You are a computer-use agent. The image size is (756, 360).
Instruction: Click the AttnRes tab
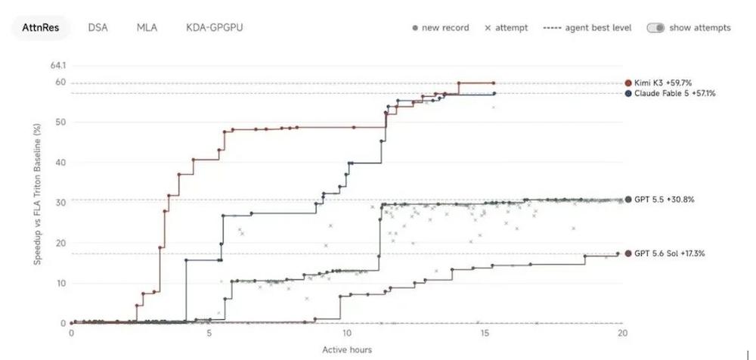41,27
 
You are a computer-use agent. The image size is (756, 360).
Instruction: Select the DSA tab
98,27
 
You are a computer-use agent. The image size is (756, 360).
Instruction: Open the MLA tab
147,27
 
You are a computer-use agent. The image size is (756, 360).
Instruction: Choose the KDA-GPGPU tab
215,27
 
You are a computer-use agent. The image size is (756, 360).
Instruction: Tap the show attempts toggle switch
655,28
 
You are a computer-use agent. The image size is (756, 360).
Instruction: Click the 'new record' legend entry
441,28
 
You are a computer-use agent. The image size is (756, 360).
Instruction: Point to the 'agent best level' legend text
598,28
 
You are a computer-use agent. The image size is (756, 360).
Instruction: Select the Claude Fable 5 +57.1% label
674,94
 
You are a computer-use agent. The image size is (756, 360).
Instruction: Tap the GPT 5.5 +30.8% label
665,200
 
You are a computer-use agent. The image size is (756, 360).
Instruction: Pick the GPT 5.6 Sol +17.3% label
669,253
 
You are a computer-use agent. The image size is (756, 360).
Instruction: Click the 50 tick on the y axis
61,122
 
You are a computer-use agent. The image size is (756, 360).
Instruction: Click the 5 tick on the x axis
209,333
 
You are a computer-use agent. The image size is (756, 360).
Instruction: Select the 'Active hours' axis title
347,350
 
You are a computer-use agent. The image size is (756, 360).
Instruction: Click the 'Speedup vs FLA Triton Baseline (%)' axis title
37,194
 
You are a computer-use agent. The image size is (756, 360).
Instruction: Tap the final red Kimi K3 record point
493,83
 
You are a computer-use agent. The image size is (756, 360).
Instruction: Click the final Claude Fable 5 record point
494,94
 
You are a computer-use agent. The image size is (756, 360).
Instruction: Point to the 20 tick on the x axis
623,333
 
